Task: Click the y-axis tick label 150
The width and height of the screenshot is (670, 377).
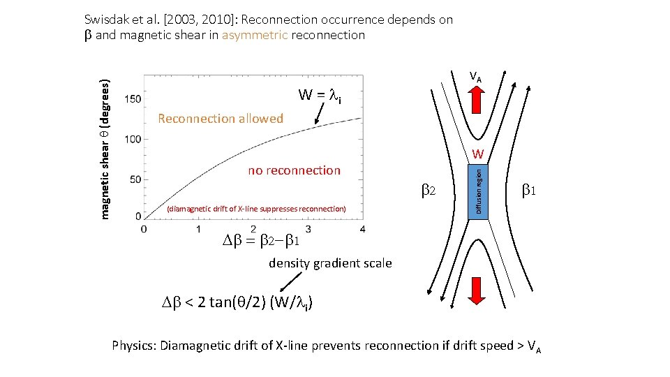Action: click(133, 99)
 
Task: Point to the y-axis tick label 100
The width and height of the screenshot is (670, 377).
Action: click(133, 139)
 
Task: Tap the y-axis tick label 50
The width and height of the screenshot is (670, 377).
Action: click(135, 179)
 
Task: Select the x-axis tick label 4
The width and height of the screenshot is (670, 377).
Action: click(362, 228)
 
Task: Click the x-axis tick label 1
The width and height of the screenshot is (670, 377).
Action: click(198, 228)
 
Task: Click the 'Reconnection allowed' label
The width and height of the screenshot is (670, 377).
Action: click(221, 119)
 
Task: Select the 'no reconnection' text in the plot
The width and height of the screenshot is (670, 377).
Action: click(294, 170)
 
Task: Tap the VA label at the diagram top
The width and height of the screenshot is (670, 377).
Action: click(475, 76)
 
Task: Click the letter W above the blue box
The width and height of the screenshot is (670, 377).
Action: click(477, 154)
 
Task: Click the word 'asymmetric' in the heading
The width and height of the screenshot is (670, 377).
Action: click(255, 35)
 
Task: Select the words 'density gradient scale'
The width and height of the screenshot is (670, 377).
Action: click(330, 263)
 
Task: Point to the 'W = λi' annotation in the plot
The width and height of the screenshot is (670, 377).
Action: click(320, 95)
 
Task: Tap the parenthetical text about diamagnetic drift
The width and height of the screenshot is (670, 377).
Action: click(255, 209)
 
